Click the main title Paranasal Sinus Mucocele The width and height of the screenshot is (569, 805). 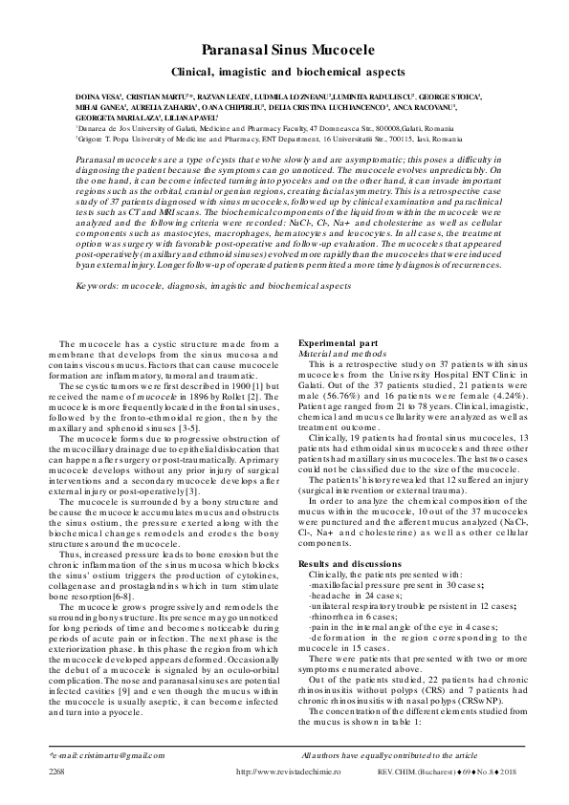(x=284, y=50)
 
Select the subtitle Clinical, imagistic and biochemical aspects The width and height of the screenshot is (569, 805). (x=284, y=72)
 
